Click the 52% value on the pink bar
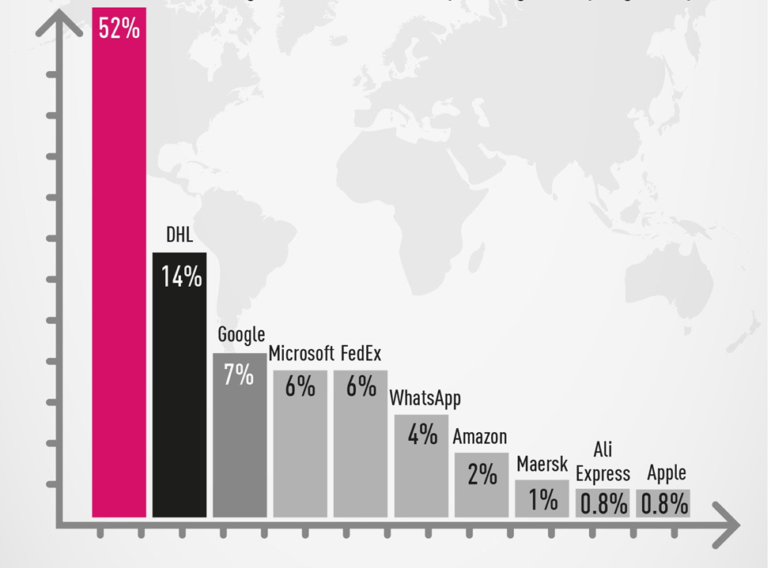[x=119, y=28]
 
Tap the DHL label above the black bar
[x=180, y=235]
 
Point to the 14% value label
[x=181, y=277]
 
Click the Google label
[x=241, y=335]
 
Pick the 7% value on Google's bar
[x=239, y=374]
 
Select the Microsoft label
[x=301, y=353]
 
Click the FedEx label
[x=361, y=353]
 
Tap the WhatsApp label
[x=425, y=397]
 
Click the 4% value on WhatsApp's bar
[x=422, y=434]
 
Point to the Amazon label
[x=480, y=437]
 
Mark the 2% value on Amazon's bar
[x=482, y=474]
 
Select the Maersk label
[x=542, y=464]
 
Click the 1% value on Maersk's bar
[x=542, y=499]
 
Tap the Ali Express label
[x=603, y=463]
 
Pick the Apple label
[x=667, y=473]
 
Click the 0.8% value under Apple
[x=664, y=504]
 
